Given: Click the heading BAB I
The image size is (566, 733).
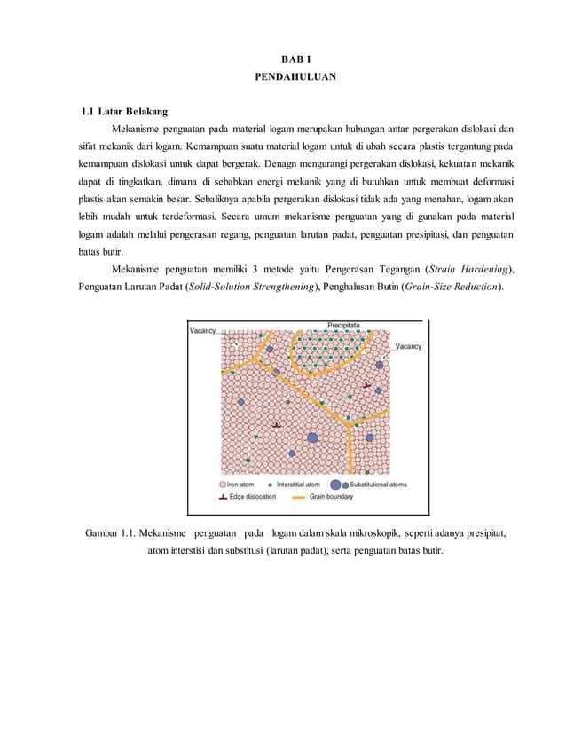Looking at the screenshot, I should click(x=283, y=60).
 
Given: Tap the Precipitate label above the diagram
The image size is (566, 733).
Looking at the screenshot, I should click(x=344, y=326).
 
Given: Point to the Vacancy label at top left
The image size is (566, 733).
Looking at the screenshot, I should click(x=202, y=330).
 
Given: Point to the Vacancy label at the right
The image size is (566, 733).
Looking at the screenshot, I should click(x=408, y=346).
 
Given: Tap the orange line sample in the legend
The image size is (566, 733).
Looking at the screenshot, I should click(x=295, y=497).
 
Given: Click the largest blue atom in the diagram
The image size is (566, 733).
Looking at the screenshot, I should click(x=312, y=437).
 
